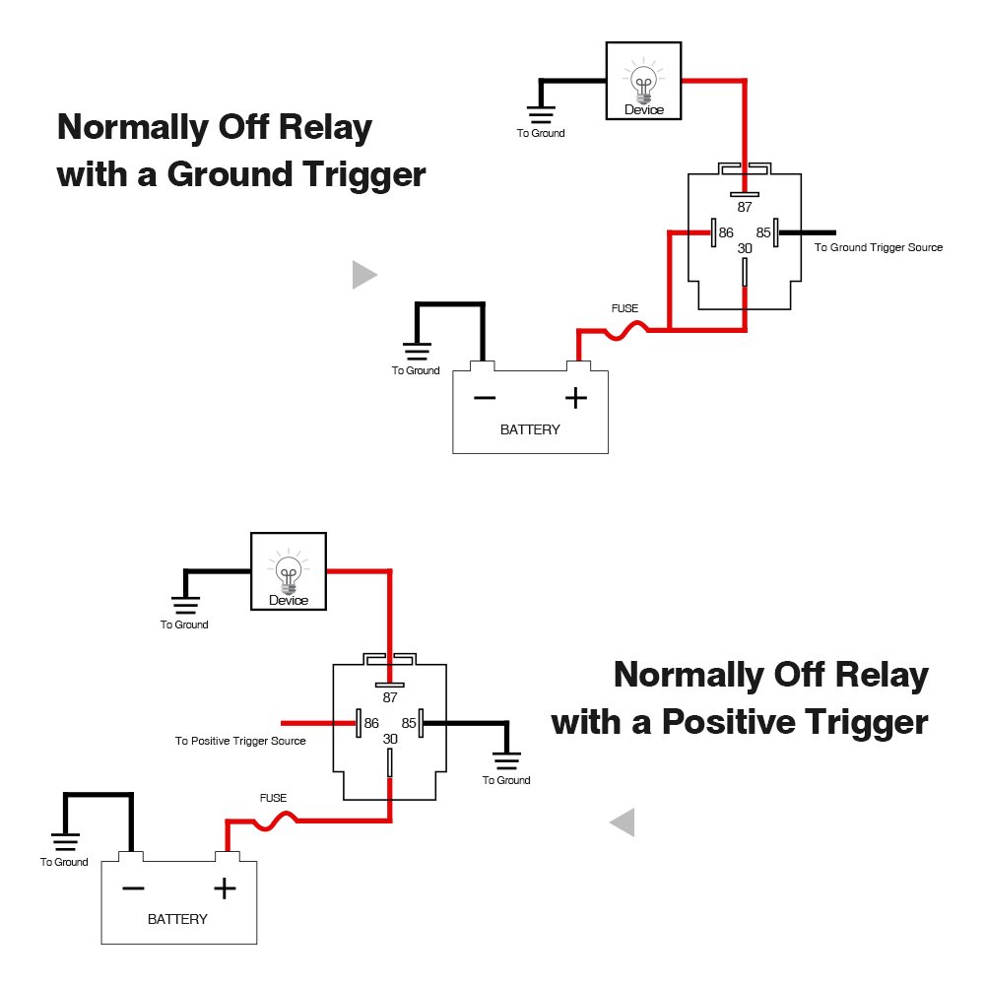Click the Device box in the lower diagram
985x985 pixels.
tap(288, 570)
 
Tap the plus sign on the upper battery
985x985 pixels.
tap(575, 398)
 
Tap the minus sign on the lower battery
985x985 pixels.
tap(133, 888)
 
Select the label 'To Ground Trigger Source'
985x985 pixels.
tap(878, 247)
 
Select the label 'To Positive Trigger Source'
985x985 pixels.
tap(240, 741)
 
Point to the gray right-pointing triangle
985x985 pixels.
tap(363, 275)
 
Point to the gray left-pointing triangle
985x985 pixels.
tap(623, 821)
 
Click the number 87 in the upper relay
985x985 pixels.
tap(745, 208)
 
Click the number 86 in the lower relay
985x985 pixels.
tap(371, 723)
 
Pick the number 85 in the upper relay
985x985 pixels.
tap(763, 233)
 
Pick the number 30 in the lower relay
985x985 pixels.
tap(390, 739)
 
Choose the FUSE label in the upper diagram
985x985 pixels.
tap(624, 308)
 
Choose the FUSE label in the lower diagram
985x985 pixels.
tap(273, 798)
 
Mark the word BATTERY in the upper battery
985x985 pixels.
tap(530, 429)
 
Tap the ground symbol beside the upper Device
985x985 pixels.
tap(541, 114)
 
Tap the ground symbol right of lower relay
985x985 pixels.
tap(506, 760)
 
